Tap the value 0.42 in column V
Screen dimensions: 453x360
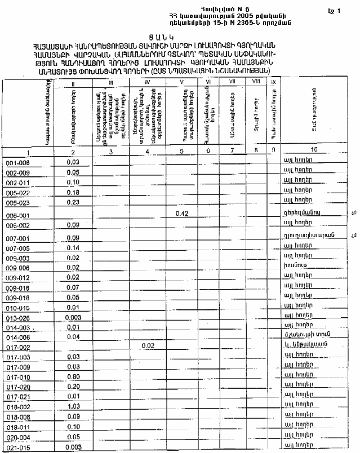point(181,214)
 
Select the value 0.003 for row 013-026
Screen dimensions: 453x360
point(72,318)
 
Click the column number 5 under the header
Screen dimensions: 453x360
point(181,150)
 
